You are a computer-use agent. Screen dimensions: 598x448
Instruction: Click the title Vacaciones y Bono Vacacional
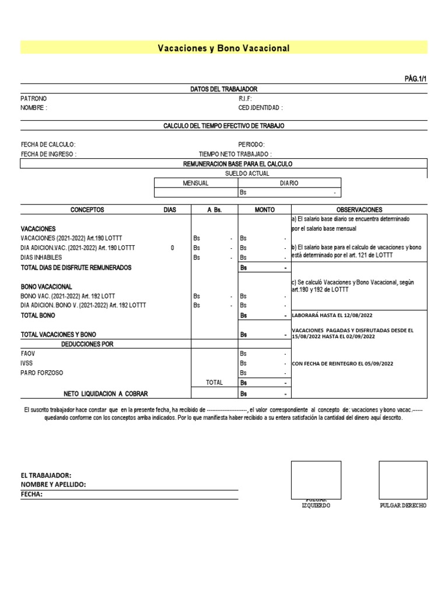click(x=223, y=48)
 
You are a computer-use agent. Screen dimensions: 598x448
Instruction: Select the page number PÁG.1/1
click(x=415, y=78)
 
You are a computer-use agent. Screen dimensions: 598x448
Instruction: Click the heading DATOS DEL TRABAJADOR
click(x=223, y=89)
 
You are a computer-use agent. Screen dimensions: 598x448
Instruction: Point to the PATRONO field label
click(x=33, y=99)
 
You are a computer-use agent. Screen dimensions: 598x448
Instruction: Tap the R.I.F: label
click(x=245, y=99)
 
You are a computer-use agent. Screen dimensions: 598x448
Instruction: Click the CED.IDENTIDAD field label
click(x=260, y=108)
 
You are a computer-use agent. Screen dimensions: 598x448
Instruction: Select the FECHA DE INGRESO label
click(x=48, y=154)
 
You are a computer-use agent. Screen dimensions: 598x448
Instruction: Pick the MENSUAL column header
click(x=195, y=183)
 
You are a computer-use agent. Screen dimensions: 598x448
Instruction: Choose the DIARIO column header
click(x=289, y=183)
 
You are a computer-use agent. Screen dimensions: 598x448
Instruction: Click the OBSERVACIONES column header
click(x=359, y=209)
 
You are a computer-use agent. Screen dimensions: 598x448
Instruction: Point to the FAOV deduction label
click(x=29, y=354)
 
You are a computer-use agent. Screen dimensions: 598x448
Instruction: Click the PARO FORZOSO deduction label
click(x=41, y=373)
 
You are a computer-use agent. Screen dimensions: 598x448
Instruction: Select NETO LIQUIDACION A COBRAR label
click(x=106, y=394)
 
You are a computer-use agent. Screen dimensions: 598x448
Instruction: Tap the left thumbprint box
click(x=316, y=479)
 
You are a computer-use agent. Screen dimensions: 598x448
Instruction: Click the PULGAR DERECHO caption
click(x=402, y=505)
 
